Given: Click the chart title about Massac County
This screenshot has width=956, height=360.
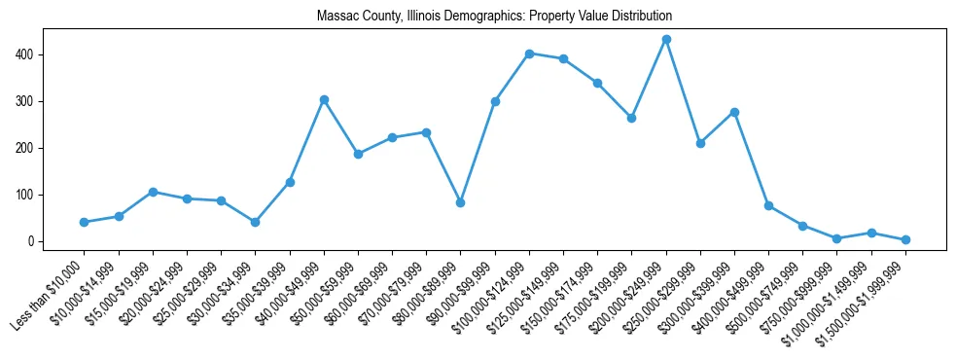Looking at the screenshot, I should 494,17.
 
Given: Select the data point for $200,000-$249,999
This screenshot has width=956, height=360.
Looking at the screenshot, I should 666,40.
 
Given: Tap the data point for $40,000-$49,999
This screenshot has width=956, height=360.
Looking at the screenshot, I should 324,100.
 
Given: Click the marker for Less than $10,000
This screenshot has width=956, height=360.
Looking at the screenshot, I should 85,223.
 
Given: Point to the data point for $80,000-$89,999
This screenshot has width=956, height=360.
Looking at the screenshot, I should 461,202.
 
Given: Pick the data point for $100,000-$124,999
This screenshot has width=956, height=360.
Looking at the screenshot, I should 529,54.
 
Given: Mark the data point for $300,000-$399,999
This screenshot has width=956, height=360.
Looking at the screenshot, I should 734,112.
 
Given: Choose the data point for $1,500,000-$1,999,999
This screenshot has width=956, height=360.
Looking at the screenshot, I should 905,239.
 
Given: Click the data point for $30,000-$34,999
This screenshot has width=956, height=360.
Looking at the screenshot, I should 256,222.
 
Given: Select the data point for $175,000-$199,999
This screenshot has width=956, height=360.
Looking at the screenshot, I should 632,118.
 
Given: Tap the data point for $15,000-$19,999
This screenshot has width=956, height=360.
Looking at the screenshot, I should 153,192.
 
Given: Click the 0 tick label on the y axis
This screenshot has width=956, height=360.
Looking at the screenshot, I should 32,241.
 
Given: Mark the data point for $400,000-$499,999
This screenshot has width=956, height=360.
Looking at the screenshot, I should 768,206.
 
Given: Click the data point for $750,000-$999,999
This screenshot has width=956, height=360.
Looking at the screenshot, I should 837,238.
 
